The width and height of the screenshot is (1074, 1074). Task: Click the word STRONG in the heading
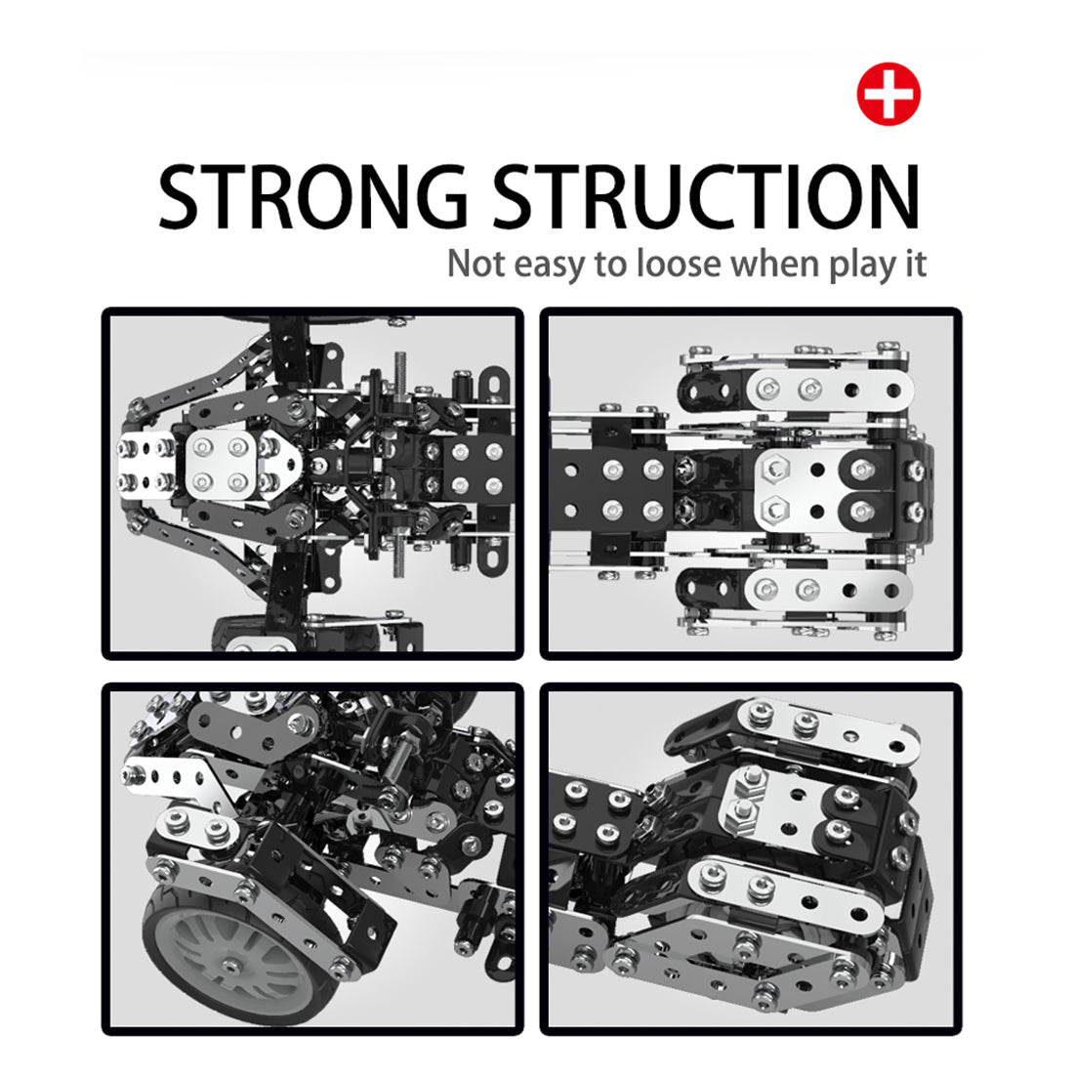click(x=312, y=197)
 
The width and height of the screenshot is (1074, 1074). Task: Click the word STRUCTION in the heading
click(x=705, y=197)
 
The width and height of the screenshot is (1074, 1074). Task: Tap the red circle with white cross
click(x=888, y=95)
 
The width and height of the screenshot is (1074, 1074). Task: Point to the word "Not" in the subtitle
click(x=475, y=264)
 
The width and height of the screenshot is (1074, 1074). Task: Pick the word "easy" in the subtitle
click(x=548, y=266)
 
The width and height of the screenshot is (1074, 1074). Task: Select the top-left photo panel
click(x=312, y=483)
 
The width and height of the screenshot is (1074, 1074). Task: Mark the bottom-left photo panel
click(x=312, y=859)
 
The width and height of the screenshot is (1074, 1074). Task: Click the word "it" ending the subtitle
click(x=913, y=264)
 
